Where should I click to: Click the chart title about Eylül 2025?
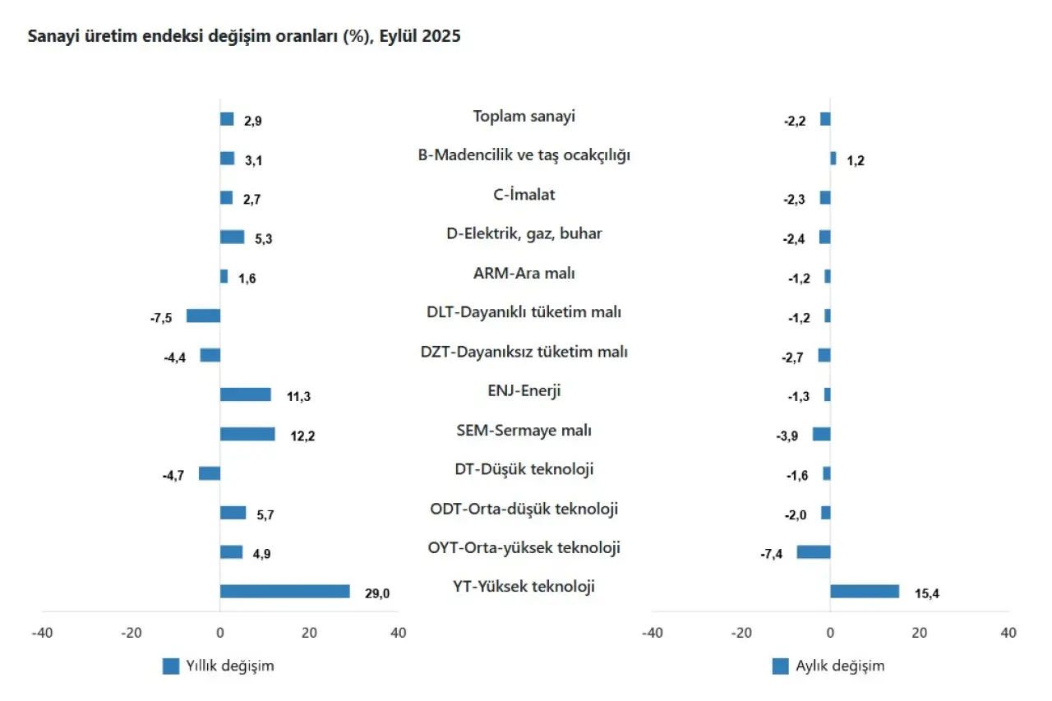tap(244, 37)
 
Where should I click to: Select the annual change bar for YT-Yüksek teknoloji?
tap(284, 591)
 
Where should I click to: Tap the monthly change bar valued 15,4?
tap(865, 591)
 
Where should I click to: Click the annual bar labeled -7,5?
tap(203, 316)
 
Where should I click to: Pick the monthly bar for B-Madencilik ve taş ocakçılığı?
tap(833, 159)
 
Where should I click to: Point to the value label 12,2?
tap(302, 436)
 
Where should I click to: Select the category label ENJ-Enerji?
tap(524, 390)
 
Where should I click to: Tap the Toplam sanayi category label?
tap(524, 116)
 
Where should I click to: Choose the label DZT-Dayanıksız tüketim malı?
tap(524, 352)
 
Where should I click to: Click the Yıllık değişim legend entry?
tap(219, 666)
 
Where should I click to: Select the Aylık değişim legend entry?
tap(828, 666)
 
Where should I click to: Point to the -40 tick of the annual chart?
tap(42, 633)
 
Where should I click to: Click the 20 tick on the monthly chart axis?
tap(920, 633)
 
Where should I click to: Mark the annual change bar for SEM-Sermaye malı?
tap(247, 434)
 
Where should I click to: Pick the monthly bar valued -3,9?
tap(821, 434)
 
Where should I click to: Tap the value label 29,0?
tap(377, 593)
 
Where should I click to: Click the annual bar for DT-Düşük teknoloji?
tap(210, 473)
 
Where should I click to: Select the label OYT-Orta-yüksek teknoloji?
tap(524, 547)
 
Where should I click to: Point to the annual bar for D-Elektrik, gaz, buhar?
tap(232, 237)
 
